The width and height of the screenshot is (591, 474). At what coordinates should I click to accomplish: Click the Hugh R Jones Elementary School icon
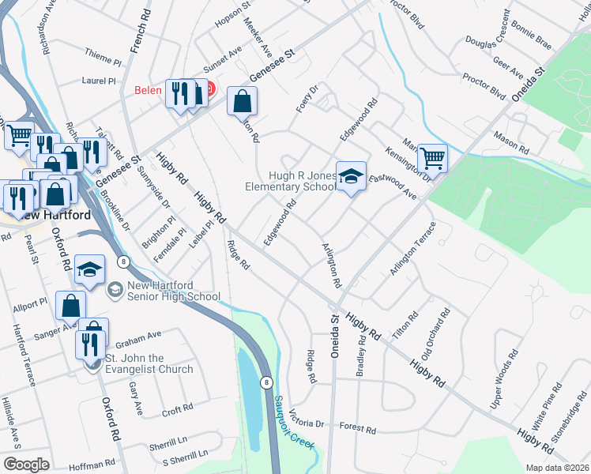(x=352, y=177)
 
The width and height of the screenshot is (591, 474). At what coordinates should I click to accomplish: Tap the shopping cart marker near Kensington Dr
(x=432, y=159)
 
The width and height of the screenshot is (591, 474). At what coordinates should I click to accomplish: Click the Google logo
(x=26, y=464)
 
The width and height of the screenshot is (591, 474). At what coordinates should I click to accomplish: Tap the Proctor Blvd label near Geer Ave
(x=484, y=87)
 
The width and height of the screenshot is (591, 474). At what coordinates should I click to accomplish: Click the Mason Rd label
(x=511, y=142)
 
